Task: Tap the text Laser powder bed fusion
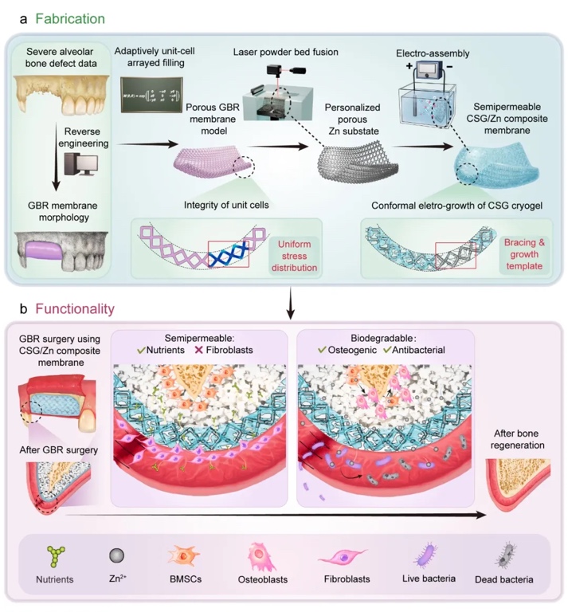click(x=286, y=52)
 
